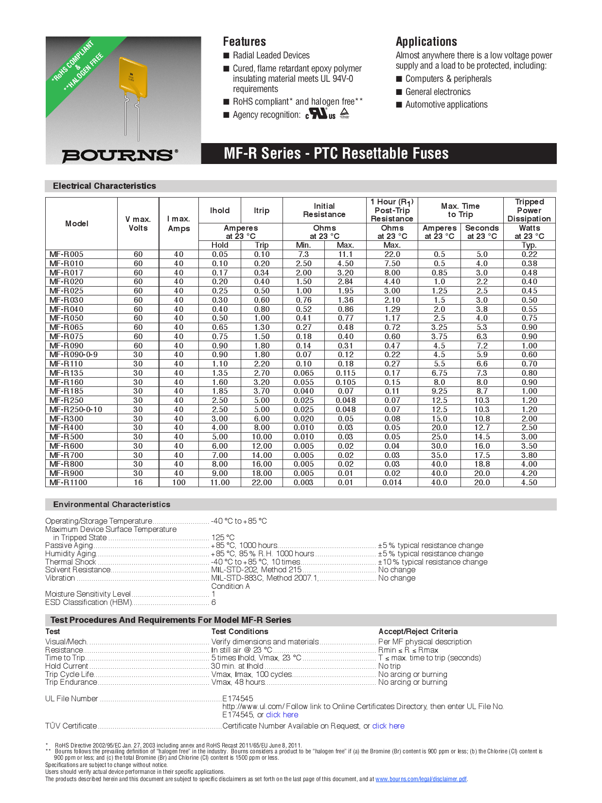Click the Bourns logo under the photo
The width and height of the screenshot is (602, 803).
(119, 155)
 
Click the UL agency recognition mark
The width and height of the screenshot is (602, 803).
(320, 114)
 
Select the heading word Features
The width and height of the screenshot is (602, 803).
(244, 42)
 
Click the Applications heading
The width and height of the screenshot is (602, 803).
(426, 42)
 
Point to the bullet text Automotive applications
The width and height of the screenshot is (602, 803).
(446, 105)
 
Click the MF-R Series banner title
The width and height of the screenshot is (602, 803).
(336, 154)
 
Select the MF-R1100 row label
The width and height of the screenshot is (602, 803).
(68, 482)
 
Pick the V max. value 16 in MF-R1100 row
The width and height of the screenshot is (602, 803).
(138, 482)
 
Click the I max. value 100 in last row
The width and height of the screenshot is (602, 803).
(178, 482)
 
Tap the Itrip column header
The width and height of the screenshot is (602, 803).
(261, 211)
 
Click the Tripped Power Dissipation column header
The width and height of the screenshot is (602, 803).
(529, 210)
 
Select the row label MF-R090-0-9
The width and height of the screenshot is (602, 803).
(73, 355)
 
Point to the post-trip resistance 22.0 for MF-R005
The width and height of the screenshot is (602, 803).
(392, 254)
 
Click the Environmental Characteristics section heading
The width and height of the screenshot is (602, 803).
(111, 505)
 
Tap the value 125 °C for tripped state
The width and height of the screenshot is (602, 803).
(223, 537)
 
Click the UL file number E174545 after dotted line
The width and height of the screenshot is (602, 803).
(237, 698)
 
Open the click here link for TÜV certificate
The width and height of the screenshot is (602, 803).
(388, 726)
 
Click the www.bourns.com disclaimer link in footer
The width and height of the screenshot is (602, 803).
(421, 779)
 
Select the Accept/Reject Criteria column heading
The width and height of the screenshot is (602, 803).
(418, 631)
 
